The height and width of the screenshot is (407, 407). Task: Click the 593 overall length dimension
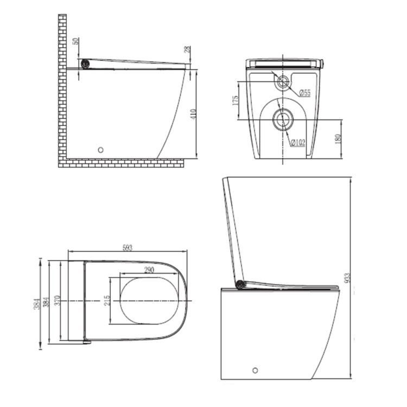point(128,247)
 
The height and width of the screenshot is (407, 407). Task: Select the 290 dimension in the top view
point(150,270)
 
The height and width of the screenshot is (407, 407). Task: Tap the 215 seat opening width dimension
point(107,300)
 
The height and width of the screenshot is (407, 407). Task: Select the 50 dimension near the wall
point(77,41)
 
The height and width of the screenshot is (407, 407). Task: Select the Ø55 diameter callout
point(304,93)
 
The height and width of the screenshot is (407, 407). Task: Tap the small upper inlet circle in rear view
point(282,82)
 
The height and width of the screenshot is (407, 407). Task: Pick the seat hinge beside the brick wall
point(85,63)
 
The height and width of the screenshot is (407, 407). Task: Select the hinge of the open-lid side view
point(239,283)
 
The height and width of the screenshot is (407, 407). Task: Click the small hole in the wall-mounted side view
point(100,149)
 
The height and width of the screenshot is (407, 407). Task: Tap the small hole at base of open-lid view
point(255,371)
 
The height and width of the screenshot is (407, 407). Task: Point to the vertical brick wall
point(62,87)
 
